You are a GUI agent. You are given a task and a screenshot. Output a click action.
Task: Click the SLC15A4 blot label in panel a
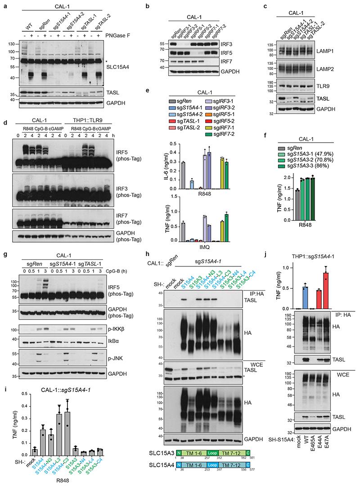coord(127,65)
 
